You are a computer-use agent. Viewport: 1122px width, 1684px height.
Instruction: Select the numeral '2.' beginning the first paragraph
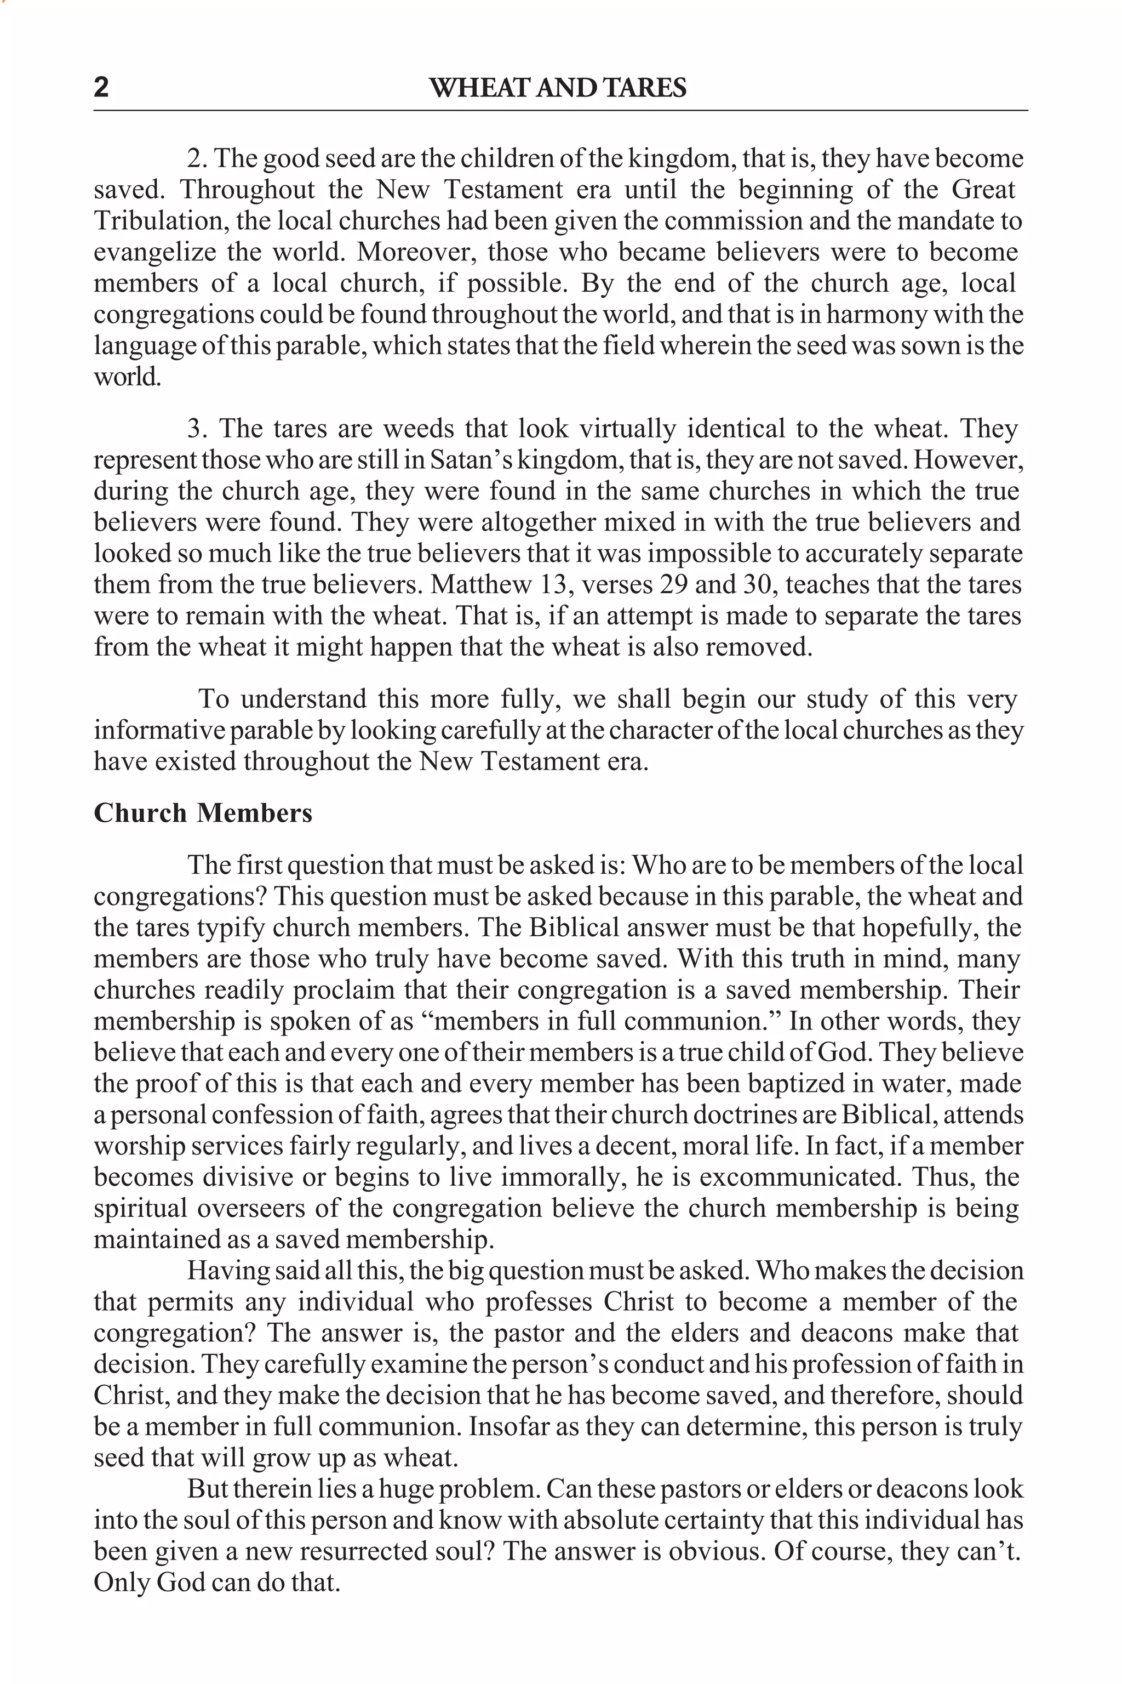coord(197,159)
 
